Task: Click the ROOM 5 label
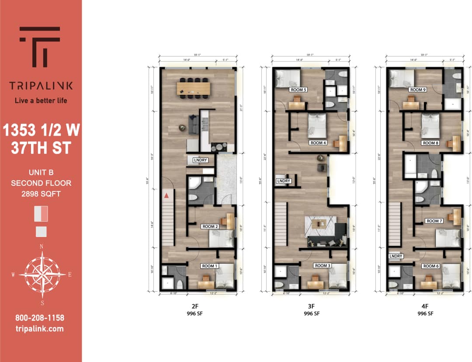click(299, 90)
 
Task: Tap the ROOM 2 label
click(210, 226)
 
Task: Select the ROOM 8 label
click(430, 143)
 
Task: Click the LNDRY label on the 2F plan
click(201, 160)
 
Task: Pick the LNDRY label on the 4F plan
click(396, 256)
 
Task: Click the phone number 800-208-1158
click(40, 318)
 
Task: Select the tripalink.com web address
click(40, 329)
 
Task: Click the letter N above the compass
click(42, 247)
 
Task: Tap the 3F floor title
click(310, 307)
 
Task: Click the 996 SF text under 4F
click(425, 313)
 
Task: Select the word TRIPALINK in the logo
click(41, 86)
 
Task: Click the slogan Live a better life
click(41, 101)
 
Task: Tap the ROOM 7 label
click(434, 221)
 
